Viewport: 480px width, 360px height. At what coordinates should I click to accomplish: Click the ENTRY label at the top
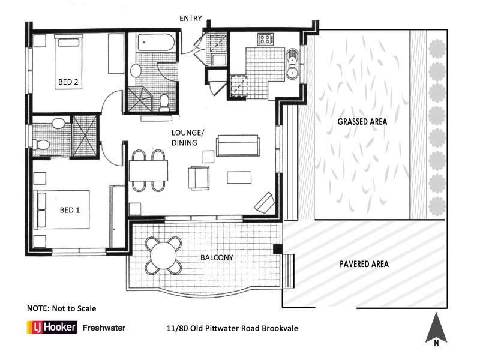(x=190, y=18)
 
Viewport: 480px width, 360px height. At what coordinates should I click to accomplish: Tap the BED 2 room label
(x=68, y=83)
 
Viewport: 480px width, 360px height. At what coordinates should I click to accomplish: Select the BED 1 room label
(x=69, y=210)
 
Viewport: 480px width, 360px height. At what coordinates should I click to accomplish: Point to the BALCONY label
(x=217, y=258)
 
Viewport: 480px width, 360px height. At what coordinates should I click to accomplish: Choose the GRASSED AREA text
(x=362, y=121)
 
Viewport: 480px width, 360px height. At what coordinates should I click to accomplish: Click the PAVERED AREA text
(x=364, y=264)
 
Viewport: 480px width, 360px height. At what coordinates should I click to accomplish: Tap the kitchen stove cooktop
(x=265, y=40)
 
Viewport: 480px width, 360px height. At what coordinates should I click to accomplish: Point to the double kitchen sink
(x=293, y=66)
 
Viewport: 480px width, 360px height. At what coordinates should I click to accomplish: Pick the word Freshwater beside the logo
(x=104, y=328)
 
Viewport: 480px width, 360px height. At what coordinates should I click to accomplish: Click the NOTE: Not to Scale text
(x=62, y=308)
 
